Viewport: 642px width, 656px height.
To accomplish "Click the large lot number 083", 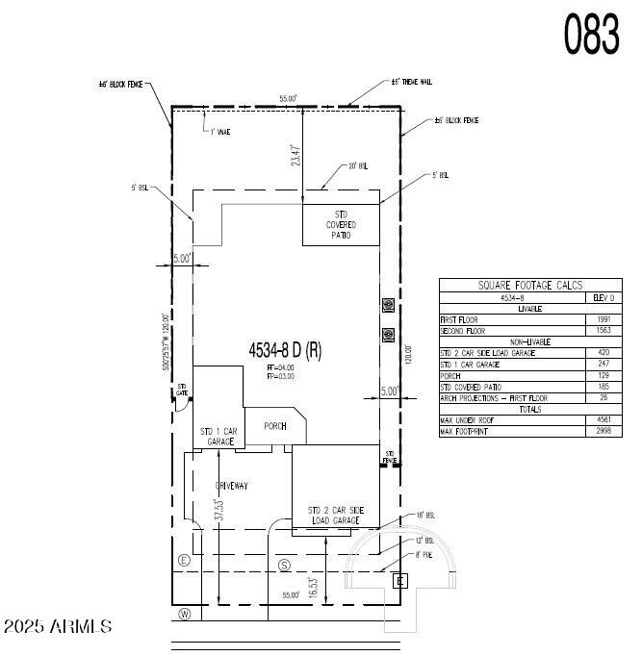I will tap(591, 35).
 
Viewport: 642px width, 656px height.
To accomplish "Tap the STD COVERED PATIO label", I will tap(342, 225).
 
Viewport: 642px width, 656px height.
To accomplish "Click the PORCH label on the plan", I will tap(275, 425).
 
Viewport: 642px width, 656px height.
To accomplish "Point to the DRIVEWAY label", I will tap(231, 486).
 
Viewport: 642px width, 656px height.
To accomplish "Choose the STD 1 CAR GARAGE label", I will tap(218, 437).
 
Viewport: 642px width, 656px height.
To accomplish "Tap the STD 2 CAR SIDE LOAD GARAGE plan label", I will tap(334, 515).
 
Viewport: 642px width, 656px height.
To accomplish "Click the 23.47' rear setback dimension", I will tap(296, 157).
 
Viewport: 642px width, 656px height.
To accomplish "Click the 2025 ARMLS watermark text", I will tap(58, 627).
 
